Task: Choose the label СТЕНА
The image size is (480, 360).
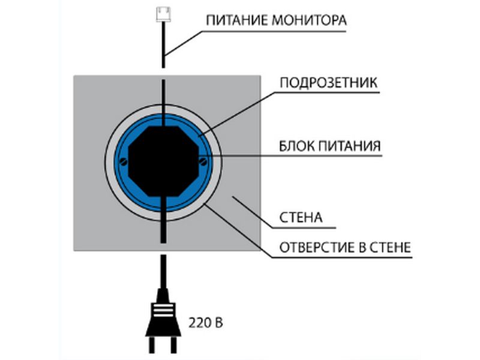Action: pyautogui.click(x=301, y=217)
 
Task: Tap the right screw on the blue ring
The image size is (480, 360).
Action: pyautogui.click(x=204, y=160)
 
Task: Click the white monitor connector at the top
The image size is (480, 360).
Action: pyautogui.click(x=163, y=13)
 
